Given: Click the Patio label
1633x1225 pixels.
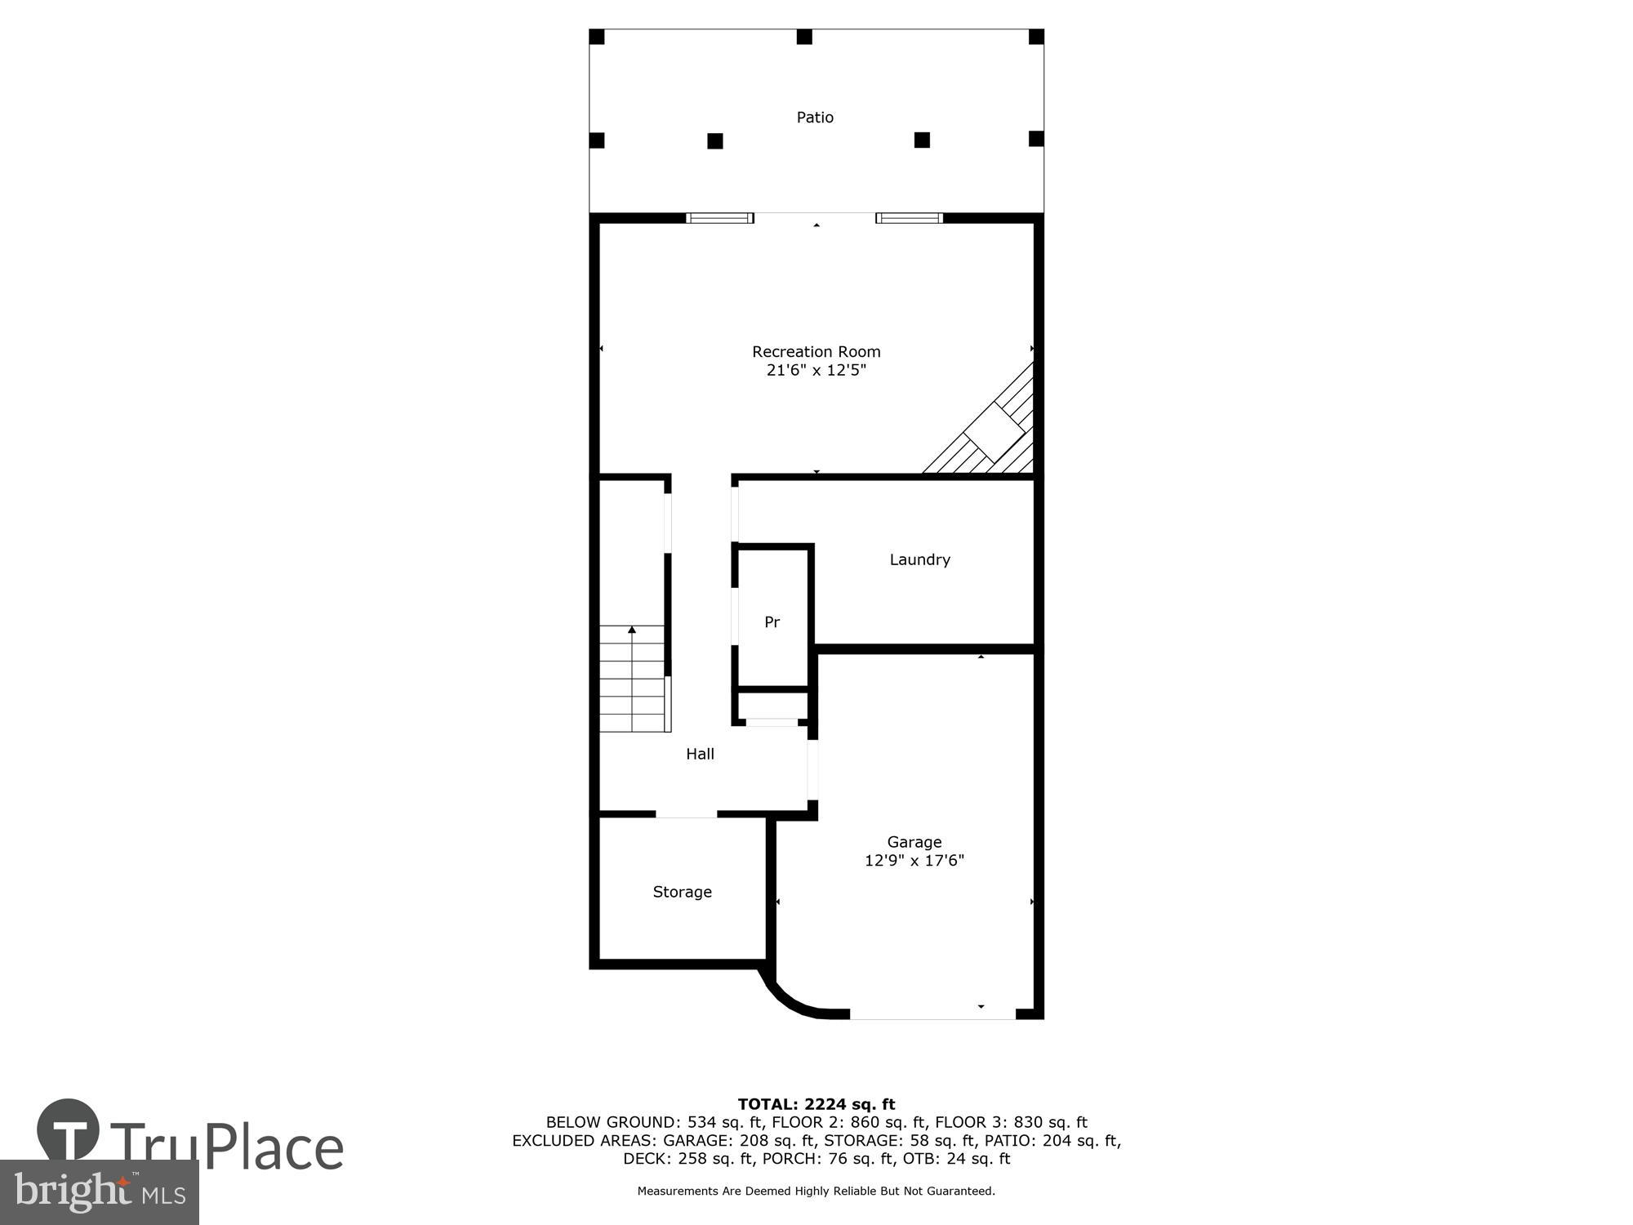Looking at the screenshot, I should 815,118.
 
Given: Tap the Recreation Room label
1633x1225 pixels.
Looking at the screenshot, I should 816,352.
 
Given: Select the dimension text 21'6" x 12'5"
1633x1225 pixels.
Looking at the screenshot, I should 816,371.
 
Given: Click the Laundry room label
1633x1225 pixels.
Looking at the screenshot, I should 919,559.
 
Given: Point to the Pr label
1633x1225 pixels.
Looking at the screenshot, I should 772,622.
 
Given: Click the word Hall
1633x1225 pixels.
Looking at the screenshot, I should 700,754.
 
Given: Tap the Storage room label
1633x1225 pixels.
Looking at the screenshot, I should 682,892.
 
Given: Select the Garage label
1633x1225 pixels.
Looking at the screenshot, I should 914,842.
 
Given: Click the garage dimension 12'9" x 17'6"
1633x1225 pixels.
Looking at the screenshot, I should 914,861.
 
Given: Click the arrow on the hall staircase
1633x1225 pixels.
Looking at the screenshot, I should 631,630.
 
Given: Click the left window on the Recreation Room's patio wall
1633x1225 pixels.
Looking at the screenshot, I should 719,218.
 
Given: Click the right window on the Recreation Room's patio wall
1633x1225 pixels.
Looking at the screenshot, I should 909,218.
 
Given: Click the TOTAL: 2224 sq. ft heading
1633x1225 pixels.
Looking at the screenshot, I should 816,1105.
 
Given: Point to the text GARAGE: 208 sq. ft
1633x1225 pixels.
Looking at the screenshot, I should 739,1140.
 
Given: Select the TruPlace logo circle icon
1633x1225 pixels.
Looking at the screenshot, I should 69,1130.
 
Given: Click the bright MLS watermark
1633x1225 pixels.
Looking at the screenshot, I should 99,1192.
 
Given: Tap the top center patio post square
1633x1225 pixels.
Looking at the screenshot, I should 804,37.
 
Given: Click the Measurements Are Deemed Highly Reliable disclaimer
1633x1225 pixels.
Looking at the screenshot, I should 816,1192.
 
